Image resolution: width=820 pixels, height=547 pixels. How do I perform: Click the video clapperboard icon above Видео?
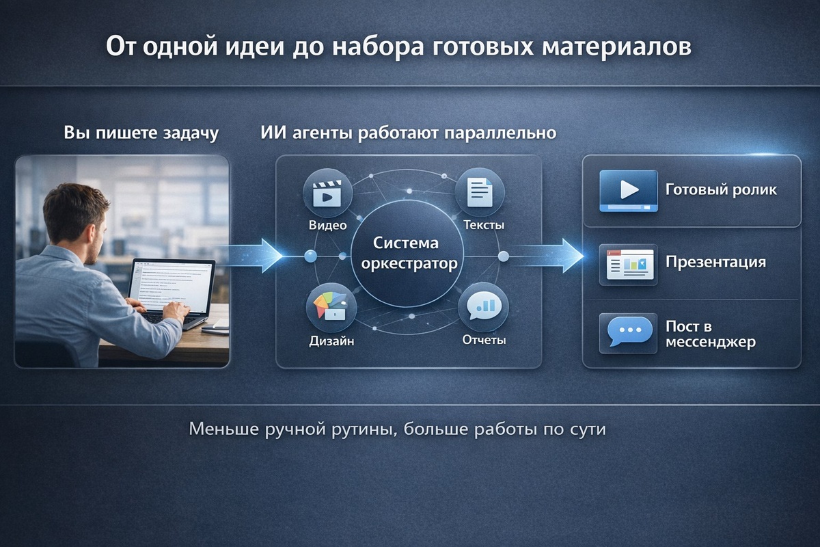pyautogui.click(x=327, y=193)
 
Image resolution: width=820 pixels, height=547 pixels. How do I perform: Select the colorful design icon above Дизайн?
pyautogui.click(x=327, y=307)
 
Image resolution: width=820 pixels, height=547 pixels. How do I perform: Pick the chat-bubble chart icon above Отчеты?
pyautogui.click(x=483, y=307)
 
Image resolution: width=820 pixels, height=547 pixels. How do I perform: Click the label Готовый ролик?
pyautogui.click(x=720, y=190)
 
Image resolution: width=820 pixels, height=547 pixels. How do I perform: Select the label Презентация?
pyautogui.click(x=715, y=262)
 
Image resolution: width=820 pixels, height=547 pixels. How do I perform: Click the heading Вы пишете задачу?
pyautogui.click(x=141, y=133)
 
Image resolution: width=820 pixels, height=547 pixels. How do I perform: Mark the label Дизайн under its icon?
pyautogui.click(x=331, y=341)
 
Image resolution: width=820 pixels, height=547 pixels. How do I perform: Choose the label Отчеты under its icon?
pyautogui.click(x=483, y=340)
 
